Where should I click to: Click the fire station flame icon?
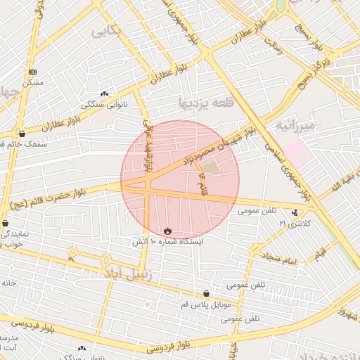(167, 230)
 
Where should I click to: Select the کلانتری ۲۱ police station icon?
(294, 212)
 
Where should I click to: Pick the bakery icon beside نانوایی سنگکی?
(105, 94)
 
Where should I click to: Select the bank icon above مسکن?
(32, 72)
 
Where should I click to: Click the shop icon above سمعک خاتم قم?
(22, 134)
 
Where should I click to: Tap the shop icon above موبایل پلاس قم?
(206, 294)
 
